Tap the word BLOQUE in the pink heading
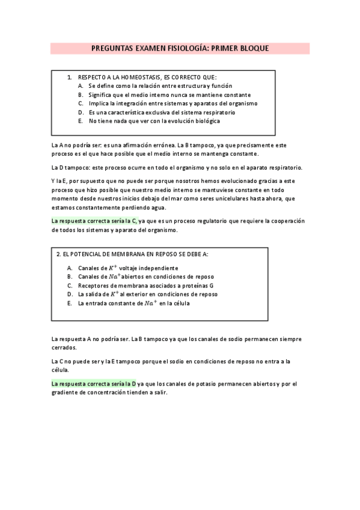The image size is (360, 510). pos(252,48)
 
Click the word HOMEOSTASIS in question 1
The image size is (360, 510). pos(133,78)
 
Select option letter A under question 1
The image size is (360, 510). pos(80,86)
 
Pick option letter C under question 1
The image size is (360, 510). pos(80,103)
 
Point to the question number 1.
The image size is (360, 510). pos(69,78)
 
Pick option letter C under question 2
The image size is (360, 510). pos(70,286)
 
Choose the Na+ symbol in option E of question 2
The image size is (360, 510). pos(150,303)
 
